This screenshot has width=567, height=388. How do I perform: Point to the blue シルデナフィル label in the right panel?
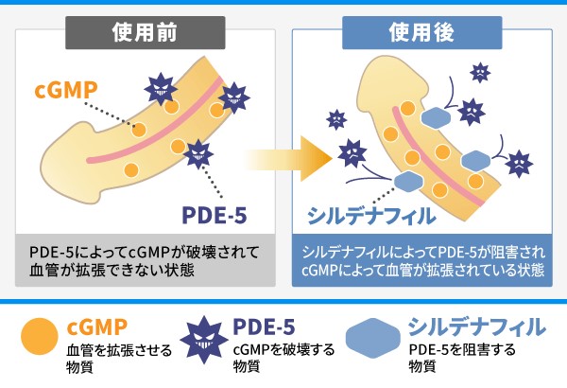tap(371, 216)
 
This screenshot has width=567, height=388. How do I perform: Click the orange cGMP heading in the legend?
tap(96, 326)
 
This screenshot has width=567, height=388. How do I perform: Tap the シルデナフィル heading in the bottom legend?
tap(476, 326)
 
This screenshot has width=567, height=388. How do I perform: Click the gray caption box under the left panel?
tap(145, 261)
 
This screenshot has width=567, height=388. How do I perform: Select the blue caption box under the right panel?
tap(422, 261)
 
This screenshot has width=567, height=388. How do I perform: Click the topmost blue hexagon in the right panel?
tap(436, 118)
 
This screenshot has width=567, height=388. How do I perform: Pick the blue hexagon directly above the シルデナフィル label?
tap(406, 181)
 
